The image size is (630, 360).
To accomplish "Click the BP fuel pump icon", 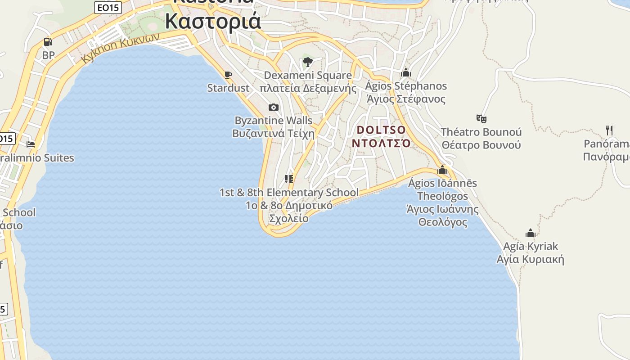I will (48, 42).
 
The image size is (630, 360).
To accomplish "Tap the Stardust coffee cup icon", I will (228, 75).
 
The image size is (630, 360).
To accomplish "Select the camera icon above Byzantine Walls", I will (273, 107).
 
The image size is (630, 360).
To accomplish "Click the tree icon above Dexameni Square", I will (308, 62).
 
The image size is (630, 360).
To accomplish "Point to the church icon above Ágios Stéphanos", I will (406, 72).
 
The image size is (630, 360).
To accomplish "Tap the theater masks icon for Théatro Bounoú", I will (481, 119).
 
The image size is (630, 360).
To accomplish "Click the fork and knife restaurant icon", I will (609, 130).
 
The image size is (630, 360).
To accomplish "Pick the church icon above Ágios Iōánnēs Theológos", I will (442, 170).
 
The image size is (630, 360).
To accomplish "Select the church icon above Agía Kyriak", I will (531, 233).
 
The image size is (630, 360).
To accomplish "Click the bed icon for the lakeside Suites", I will (31, 144).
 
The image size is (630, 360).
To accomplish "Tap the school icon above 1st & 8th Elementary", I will (289, 179).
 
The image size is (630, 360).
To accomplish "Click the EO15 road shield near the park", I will (108, 8).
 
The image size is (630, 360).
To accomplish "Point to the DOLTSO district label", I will (381, 130).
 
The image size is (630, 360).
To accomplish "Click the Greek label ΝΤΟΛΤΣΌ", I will (381, 144).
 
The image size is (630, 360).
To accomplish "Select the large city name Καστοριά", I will (213, 21).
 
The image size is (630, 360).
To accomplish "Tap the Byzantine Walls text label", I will (273, 121).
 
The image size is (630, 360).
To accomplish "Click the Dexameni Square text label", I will (308, 75).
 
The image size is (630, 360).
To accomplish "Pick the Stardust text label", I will (228, 88).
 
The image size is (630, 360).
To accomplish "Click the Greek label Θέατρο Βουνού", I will (481, 145).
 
